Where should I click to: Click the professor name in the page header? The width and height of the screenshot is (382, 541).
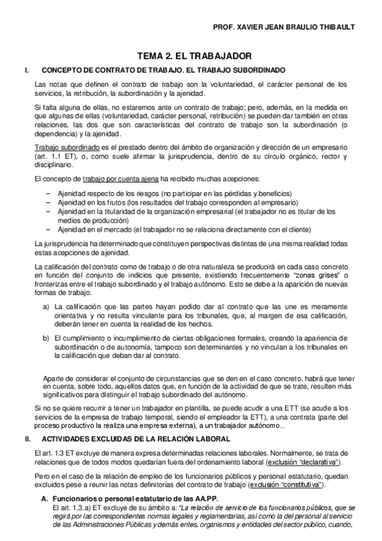point(286,27)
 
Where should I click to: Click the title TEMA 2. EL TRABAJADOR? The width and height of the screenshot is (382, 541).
point(191,56)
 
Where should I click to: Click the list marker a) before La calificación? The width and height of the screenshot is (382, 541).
point(46,307)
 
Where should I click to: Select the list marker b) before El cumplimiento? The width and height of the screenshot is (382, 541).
point(46,337)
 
